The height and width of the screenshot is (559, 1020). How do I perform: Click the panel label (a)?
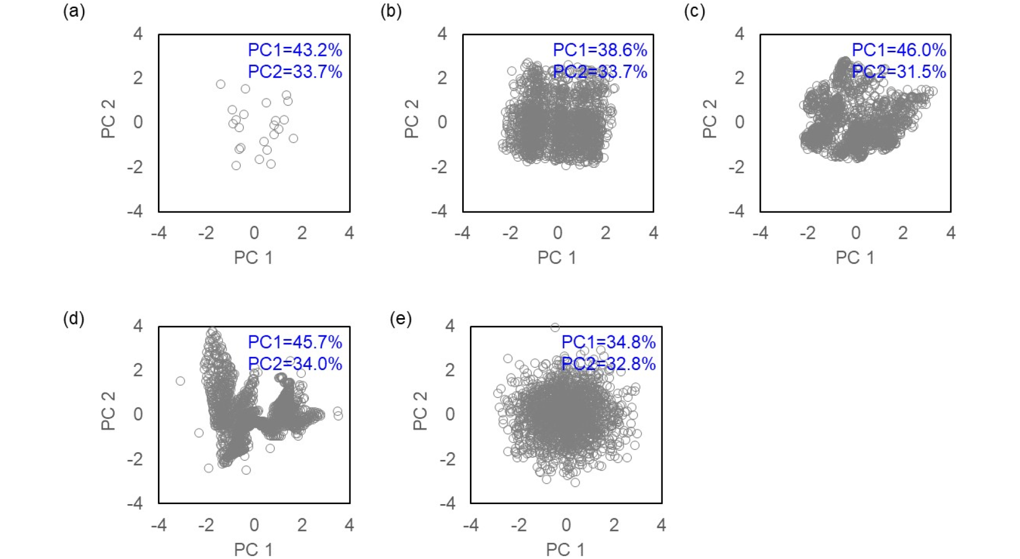[x=74, y=11]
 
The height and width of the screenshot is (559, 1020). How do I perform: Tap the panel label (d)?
[x=74, y=319]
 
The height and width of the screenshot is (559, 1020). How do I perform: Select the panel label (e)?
[x=400, y=319]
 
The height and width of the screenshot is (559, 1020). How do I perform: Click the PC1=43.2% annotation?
[x=295, y=50]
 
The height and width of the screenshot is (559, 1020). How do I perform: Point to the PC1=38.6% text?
[x=600, y=50]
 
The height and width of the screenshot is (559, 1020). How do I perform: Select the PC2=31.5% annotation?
[x=899, y=72]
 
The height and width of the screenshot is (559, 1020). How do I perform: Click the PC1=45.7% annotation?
[x=295, y=342]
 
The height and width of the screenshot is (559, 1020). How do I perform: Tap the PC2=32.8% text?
[x=608, y=364]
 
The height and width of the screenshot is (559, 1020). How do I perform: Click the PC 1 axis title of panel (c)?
[x=855, y=258]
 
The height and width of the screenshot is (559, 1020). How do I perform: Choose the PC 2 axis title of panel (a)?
[x=108, y=119]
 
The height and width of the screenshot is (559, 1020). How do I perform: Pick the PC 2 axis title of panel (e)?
[x=420, y=411]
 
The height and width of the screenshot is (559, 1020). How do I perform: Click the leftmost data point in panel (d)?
[x=180, y=381]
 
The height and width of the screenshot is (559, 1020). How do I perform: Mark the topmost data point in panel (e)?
[x=555, y=327]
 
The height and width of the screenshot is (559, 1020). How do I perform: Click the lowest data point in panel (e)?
[x=575, y=482]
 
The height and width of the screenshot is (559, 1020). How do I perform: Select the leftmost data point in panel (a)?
[x=220, y=84]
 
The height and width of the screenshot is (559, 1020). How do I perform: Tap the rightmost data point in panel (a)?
[x=293, y=138]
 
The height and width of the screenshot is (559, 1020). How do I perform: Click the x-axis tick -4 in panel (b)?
[x=462, y=233]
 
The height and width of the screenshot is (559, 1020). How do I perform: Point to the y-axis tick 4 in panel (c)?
[x=740, y=34]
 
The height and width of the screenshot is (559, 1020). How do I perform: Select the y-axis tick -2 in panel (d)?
[x=135, y=459]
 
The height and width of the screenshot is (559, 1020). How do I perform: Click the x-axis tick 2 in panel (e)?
[x=614, y=525]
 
